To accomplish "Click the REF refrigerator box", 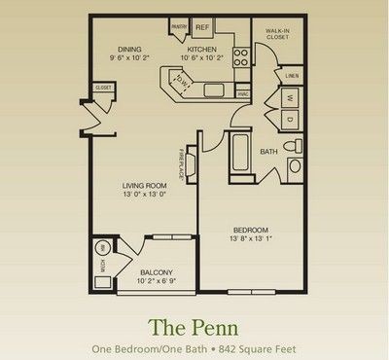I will point(203,27).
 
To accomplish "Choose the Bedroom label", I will point(250,229).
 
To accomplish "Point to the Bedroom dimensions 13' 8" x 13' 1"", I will point(250,240).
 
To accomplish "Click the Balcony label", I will point(157,272).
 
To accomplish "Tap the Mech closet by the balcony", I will point(100,260).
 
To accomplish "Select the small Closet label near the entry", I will point(102,89).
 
